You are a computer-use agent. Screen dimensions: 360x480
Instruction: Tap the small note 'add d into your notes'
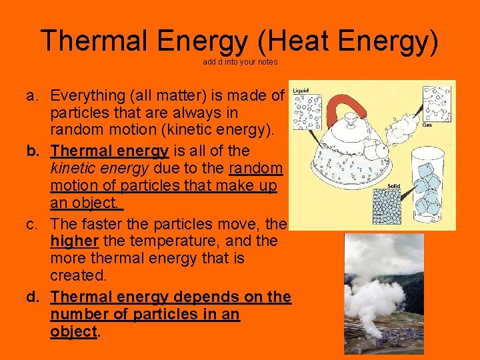click(240, 62)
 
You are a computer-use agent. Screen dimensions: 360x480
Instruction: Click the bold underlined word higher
click(75, 240)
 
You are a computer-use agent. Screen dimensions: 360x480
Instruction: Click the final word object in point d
click(73, 331)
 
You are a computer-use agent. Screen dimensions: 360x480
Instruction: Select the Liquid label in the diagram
click(301, 89)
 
